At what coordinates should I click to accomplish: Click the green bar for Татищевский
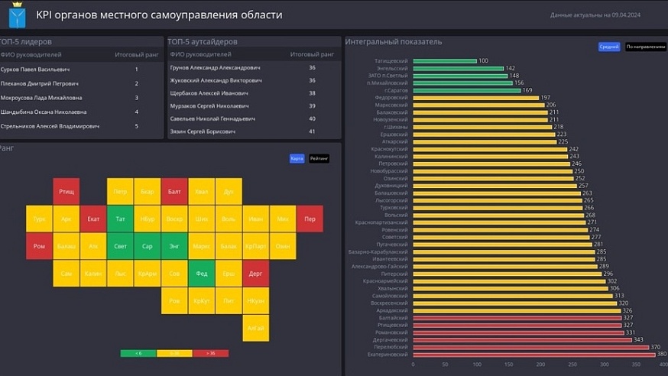(x=444, y=61)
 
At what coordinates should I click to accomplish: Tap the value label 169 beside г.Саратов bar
(x=527, y=90)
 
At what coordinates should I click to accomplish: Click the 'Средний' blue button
(x=608, y=47)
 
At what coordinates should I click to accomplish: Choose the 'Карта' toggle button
(x=297, y=158)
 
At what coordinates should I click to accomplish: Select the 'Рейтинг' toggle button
(x=319, y=158)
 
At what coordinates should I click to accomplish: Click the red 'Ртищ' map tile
(x=66, y=191)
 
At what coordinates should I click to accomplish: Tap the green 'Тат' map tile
(x=120, y=219)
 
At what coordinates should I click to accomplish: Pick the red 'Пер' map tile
(x=310, y=219)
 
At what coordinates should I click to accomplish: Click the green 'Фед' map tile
(x=202, y=273)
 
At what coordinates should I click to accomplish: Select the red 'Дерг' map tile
(x=255, y=273)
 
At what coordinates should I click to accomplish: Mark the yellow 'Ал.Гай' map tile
(x=255, y=327)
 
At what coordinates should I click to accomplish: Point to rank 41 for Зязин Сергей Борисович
(x=312, y=131)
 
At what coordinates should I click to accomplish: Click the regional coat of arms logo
(x=17, y=15)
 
